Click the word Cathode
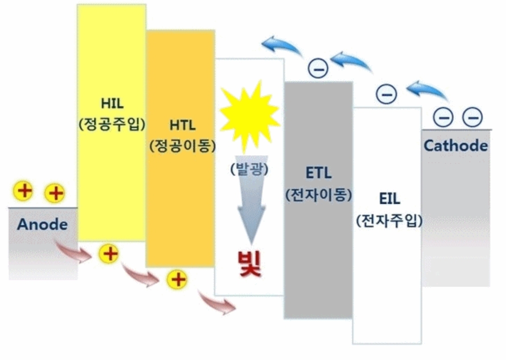[x=456, y=146]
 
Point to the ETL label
[x=318, y=173]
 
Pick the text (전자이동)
[x=318, y=194]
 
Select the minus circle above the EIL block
[x=386, y=94]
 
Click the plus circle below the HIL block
[x=109, y=254]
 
